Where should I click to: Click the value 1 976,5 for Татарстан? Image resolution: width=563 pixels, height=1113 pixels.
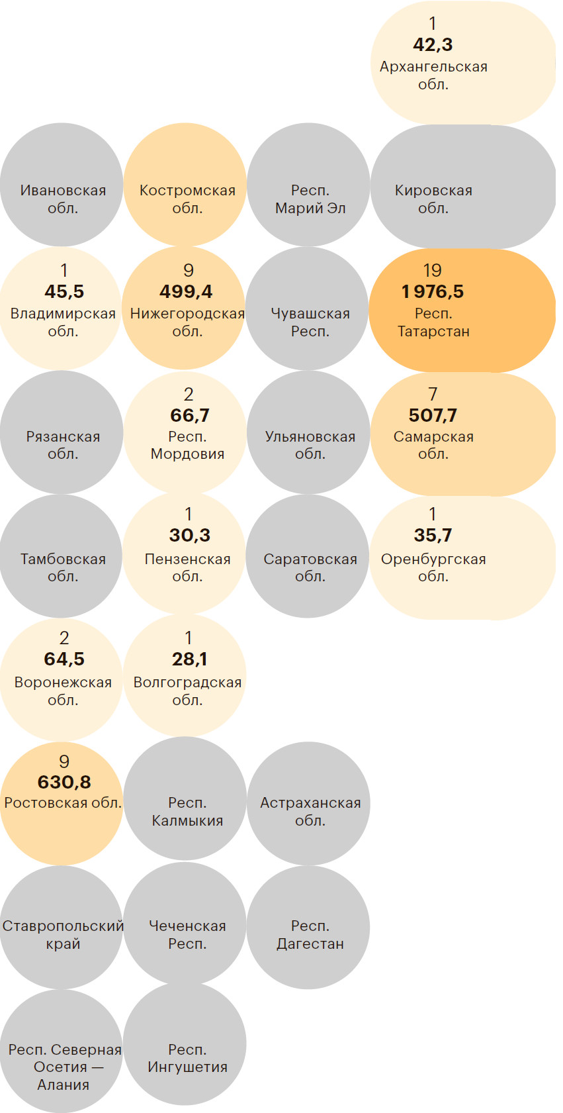click(x=433, y=291)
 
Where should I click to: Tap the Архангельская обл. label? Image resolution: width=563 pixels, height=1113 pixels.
click(x=433, y=75)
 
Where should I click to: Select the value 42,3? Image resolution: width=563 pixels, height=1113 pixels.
click(x=433, y=45)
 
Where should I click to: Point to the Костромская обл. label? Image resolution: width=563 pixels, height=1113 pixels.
click(x=187, y=199)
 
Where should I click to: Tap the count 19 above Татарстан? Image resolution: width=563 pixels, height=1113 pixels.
click(x=432, y=270)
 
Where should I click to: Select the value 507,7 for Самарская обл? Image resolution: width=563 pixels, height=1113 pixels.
click(x=433, y=415)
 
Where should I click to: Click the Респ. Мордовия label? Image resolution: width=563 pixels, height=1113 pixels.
click(x=187, y=446)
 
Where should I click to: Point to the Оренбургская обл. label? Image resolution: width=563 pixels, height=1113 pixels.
click(x=433, y=567)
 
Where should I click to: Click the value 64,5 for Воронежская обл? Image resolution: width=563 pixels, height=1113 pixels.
click(x=64, y=659)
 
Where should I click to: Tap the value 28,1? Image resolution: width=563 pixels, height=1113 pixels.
click(x=190, y=659)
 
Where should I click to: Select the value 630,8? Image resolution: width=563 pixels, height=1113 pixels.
click(x=64, y=782)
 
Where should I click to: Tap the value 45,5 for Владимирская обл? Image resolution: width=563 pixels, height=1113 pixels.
click(x=64, y=291)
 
